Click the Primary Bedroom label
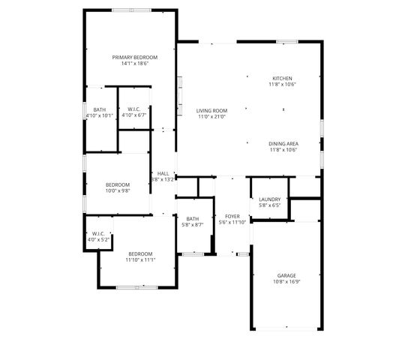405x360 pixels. pyautogui.click(x=135, y=58)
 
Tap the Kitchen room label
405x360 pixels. pyautogui.click(x=283, y=78)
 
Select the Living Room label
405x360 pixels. pyautogui.click(x=211, y=111)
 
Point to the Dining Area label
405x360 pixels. pyautogui.click(x=283, y=143)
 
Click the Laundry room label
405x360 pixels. pyautogui.click(x=269, y=199)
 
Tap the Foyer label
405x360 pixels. pyautogui.click(x=232, y=216)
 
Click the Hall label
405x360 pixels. pyautogui.click(x=163, y=173)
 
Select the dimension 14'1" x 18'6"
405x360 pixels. pyautogui.click(x=135, y=64)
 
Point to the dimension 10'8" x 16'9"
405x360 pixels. pyautogui.click(x=286, y=283)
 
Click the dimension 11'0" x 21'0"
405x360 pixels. pyautogui.click(x=211, y=117)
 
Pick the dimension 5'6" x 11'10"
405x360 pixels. pyautogui.click(x=232, y=222)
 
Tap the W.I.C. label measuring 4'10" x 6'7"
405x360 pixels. pyautogui.click(x=135, y=109)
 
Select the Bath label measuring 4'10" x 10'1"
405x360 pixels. pyautogui.click(x=99, y=109)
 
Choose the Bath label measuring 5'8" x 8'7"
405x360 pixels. pyautogui.click(x=193, y=219)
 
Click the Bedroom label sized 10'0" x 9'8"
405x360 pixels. pyautogui.click(x=118, y=184)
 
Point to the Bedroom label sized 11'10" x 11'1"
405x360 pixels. pyautogui.click(x=140, y=253)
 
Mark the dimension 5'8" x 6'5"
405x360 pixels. pyautogui.click(x=269, y=205)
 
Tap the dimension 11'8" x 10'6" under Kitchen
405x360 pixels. pyautogui.click(x=283, y=84)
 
